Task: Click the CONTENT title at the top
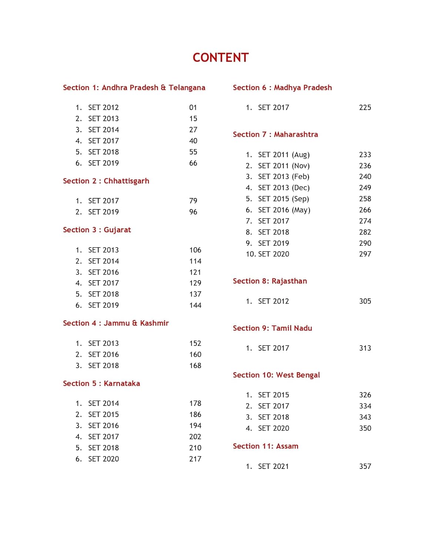point(221,58)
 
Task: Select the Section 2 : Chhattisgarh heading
point(106,181)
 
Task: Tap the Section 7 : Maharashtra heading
point(275,134)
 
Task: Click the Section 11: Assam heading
point(265,446)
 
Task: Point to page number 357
point(365,466)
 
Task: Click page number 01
point(193,107)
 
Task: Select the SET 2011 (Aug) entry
point(284,155)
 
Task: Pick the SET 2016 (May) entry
point(284,210)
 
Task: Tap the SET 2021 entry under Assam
point(273,466)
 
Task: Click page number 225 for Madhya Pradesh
point(365,107)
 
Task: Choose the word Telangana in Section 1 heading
point(187,88)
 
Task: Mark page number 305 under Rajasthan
point(365,301)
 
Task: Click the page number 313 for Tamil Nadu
point(365,348)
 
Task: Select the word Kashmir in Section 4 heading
point(154,323)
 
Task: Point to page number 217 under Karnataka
point(195,459)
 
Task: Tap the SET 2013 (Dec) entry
point(284,188)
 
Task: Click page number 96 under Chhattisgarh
point(193,212)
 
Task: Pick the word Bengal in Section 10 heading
point(308,375)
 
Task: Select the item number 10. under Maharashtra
point(251,254)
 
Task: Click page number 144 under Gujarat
point(195,305)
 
